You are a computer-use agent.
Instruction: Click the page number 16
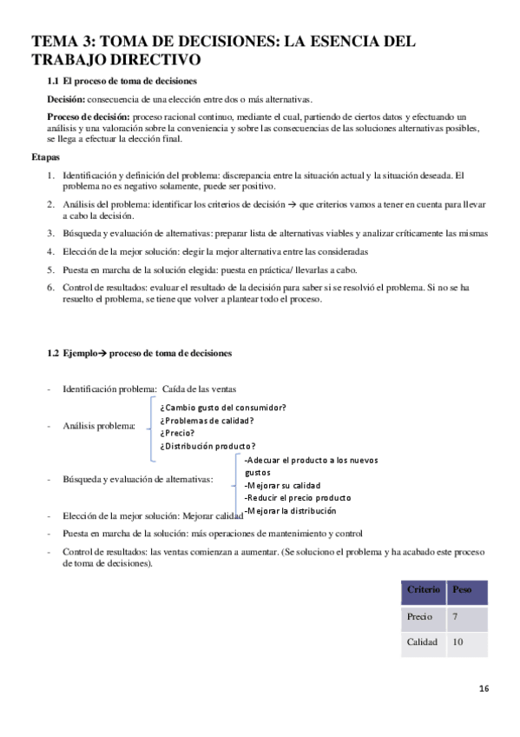484,689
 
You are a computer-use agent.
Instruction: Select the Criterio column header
423,590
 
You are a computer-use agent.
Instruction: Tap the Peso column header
462,590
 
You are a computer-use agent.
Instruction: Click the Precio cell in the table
419,616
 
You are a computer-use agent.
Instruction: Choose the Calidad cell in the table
422,642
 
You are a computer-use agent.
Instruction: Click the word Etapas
46,157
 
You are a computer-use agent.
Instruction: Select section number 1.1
54,81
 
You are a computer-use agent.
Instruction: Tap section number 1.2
54,353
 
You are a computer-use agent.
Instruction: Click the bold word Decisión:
67,99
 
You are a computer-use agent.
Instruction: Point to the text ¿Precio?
177,433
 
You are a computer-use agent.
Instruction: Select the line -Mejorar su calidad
283,485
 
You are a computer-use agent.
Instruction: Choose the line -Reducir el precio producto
298,498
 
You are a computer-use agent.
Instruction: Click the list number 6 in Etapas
50,287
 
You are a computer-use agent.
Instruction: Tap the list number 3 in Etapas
50,233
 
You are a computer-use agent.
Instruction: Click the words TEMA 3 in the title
63,41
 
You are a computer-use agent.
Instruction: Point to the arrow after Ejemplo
99,353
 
